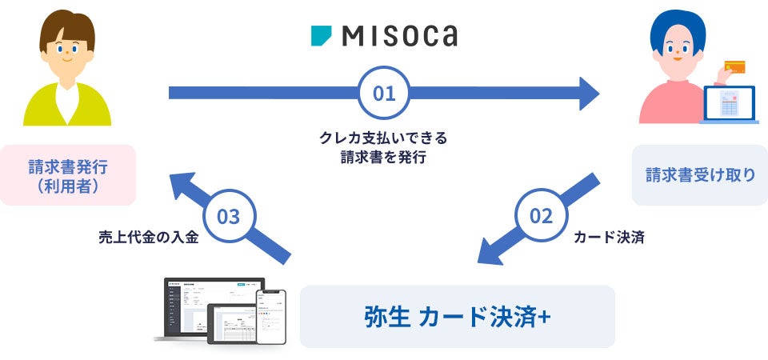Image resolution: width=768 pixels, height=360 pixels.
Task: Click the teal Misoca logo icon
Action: point(321,36)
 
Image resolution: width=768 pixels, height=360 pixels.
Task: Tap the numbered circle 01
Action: point(383,93)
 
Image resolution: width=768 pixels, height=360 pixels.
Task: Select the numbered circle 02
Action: point(541,217)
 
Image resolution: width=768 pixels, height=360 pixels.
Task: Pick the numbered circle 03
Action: point(229,216)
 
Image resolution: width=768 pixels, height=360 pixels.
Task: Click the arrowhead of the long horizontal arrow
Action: point(590,94)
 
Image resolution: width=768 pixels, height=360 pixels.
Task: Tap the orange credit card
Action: point(734,66)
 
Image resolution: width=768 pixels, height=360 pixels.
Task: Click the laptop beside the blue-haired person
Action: point(729,104)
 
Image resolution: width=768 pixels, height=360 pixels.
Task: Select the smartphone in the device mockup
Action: point(271,317)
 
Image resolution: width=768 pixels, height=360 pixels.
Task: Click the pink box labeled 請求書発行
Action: point(67,175)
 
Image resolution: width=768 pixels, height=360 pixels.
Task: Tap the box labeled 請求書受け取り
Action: point(700,175)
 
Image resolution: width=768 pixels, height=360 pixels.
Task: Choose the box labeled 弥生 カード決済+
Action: point(457,317)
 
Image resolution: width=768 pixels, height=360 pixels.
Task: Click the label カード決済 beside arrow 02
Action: point(609,238)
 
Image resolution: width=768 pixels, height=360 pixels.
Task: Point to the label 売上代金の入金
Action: point(149,238)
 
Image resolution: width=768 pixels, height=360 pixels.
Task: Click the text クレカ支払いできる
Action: point(383,138)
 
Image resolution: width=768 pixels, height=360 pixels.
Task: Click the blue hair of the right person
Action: point(678,27)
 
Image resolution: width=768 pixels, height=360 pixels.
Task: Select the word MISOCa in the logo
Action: point(400,36)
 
